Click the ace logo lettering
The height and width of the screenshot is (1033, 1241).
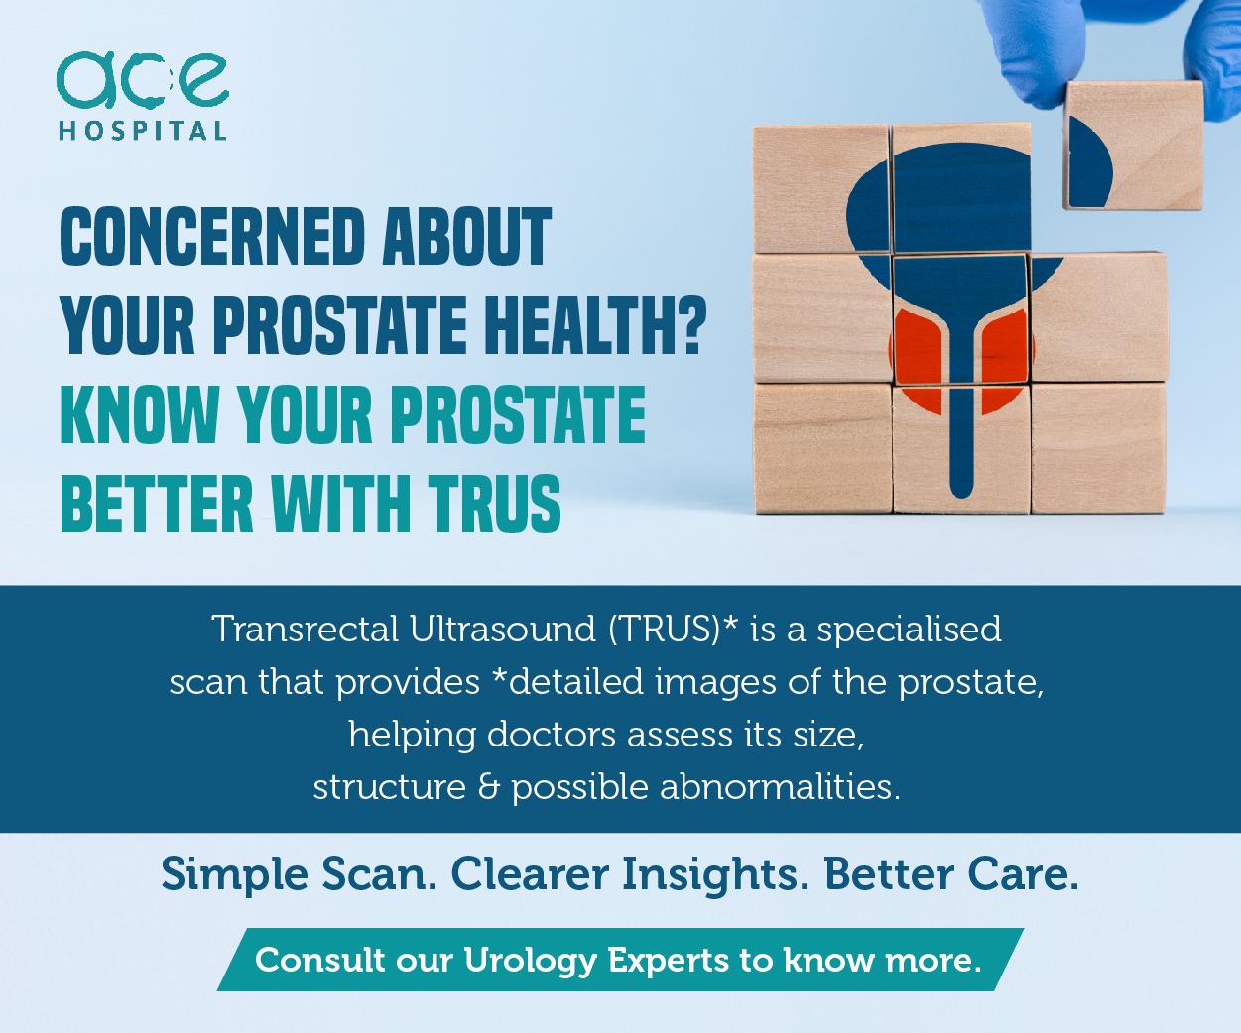pos(143,80)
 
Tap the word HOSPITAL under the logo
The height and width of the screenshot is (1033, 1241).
pos(143,131)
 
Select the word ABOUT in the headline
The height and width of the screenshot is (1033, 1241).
pos(467,236)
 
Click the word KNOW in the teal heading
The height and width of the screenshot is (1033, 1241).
pos(139,413)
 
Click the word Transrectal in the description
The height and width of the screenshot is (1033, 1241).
pos(306,630)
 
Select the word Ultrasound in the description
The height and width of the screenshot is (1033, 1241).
pos(503,630)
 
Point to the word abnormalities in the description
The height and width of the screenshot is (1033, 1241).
pos(780,787)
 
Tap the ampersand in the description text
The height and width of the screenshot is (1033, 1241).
pos(488,788)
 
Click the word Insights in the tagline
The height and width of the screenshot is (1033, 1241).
pos(715,875)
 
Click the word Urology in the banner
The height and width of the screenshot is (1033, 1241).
pos(530,962)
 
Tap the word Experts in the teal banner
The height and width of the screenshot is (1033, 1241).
pos(668,962)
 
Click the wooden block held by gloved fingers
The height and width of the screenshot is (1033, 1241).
pos(1133,146)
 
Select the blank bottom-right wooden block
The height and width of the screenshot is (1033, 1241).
pos(1098,447)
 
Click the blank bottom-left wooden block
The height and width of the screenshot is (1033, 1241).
pos(823,447)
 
